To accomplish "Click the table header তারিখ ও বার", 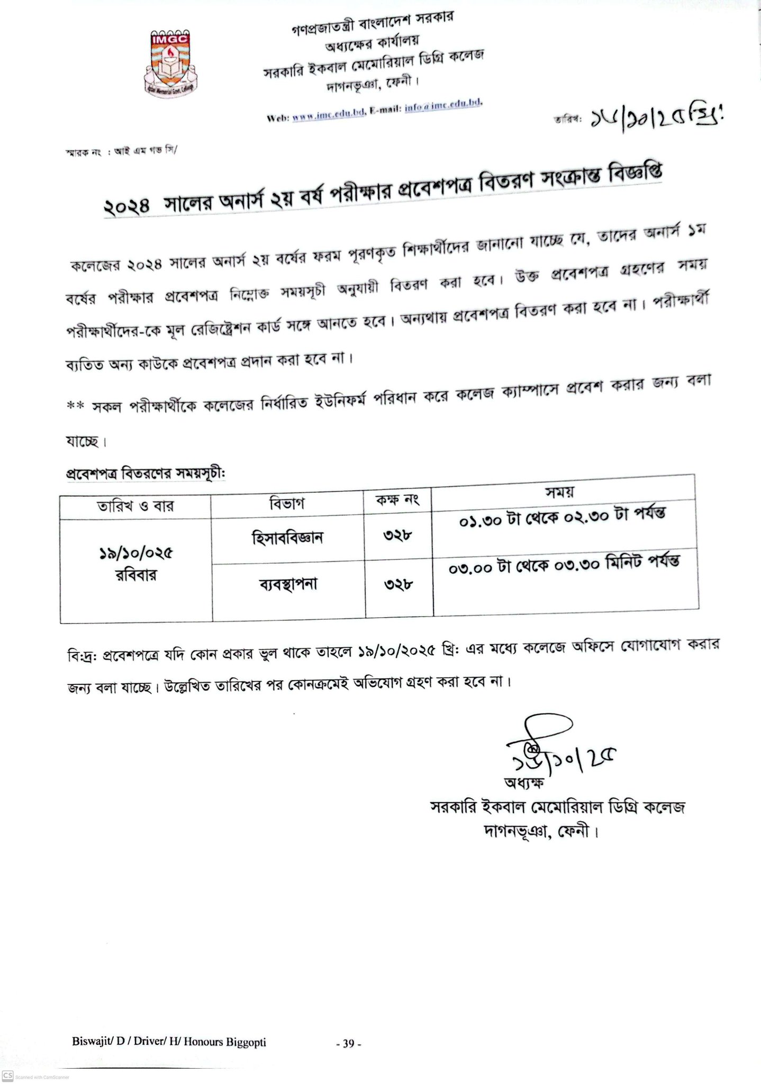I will pyautogui.click(x=135, y=507).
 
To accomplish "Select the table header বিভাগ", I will pyautogui.click(x=287, y=503).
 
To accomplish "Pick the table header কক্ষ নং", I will pyautogui.click(x=397, y=500).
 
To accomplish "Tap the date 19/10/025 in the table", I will pyautogui.click(x=136, y=554).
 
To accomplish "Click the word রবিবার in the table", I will pyautogui.click(x=136, y=575).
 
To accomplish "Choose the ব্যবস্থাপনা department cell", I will pyautogui.click(x=288, y=585).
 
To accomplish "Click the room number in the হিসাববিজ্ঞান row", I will pyautogui.click(x=398, y=536).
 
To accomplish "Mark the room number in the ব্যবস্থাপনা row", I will pyautogui.click(x=398, y=584).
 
